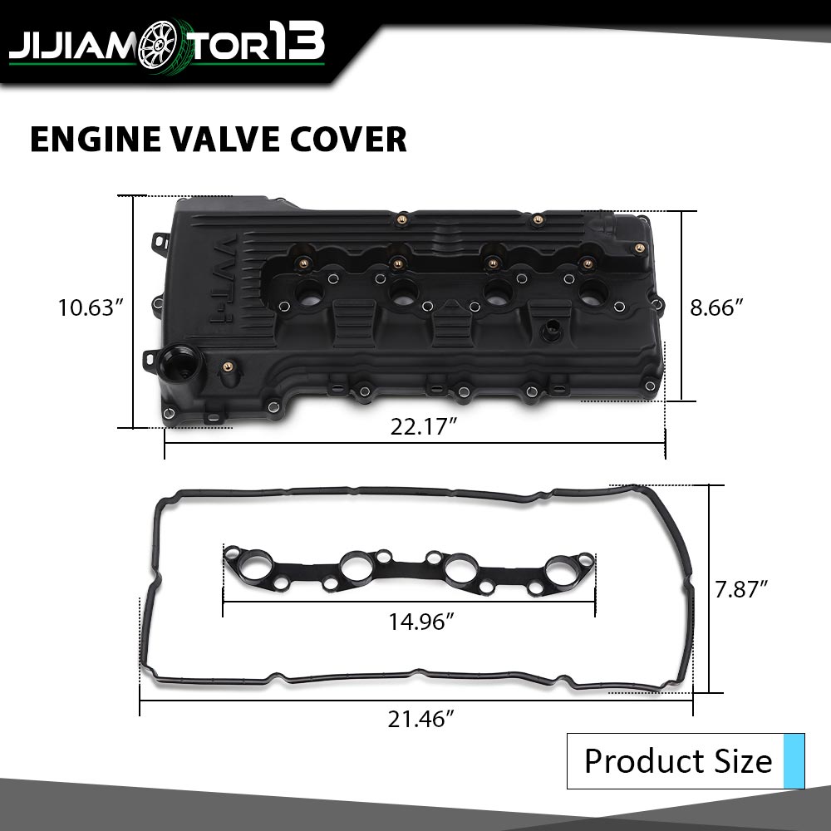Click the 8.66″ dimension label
pyautogui.click(x=716, y=307)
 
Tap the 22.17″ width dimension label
pyautogui.click(x=424, y=426)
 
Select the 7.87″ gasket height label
pyautogui.click(x=741, y=589)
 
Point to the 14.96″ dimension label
pyautogui.click(x=421, y=622)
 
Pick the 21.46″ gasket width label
pyautogui.click(x=421, y=719)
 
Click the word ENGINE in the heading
pyautogui.click(x=96, y=140)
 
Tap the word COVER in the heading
pyautogui.click(x=348, y=140)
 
